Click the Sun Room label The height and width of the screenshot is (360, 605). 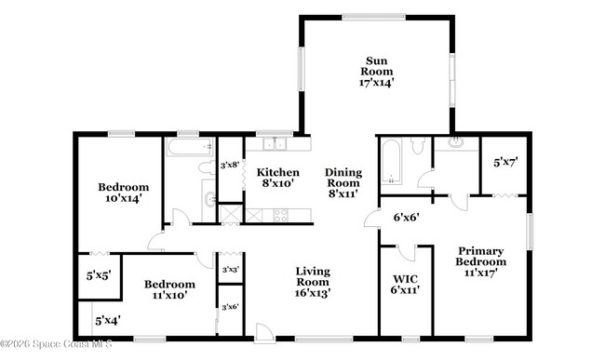pyautogui.click(x=377, y=72)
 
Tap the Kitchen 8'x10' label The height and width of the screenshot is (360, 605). pyautogui.click(x=278, y=178)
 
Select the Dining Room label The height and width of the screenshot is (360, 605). pyautogui.click(x=343, y=182)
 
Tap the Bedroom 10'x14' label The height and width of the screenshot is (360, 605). pyautogui.click(x=123, y=192)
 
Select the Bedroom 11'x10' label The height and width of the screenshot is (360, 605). pyautogui.click(x=168, y=289)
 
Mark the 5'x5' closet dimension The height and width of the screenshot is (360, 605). pyautogui.click(x=100, y=275)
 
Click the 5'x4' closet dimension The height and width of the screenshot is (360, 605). pyautogui.click(x=106, y=321)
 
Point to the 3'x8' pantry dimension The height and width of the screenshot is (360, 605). pyautogui.click(x=229, y=166)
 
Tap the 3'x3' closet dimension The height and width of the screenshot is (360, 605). pyautogui.click(x=229, y=270)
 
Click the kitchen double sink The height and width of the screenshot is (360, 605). pyautogui.click(x=274, y=144)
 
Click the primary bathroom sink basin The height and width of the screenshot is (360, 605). pyautogui.click(x=456, y=144)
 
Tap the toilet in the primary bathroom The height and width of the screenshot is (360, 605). pyautogui.click(x=418, y=146)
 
